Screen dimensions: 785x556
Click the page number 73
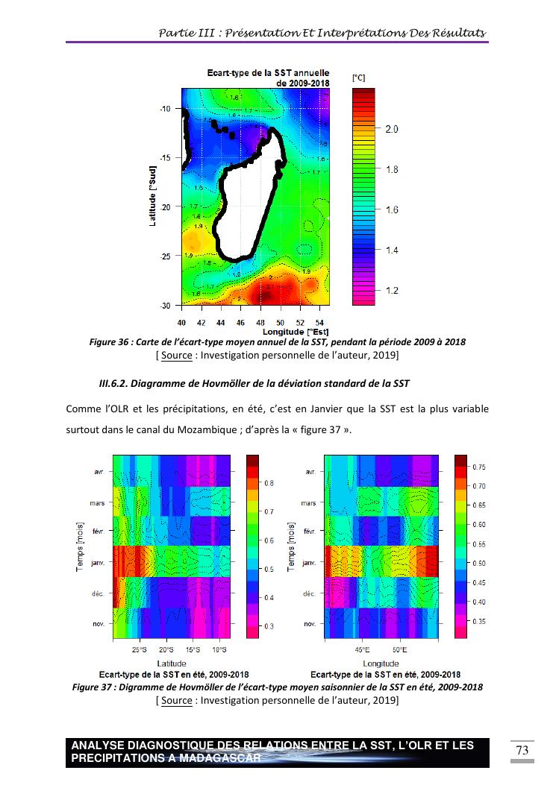pos(522,751)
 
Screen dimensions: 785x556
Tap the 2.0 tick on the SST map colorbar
pos(391,129)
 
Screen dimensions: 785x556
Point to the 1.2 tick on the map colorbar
pos(391,290)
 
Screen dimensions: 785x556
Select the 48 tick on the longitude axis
pos(260,323)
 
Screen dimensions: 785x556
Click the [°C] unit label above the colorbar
pos(359,78)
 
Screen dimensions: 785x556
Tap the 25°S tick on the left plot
pos(140,650)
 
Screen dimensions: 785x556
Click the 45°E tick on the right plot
pos(362,650)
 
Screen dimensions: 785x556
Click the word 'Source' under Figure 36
pos(176,355)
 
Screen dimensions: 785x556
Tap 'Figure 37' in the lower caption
pos(91,687)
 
